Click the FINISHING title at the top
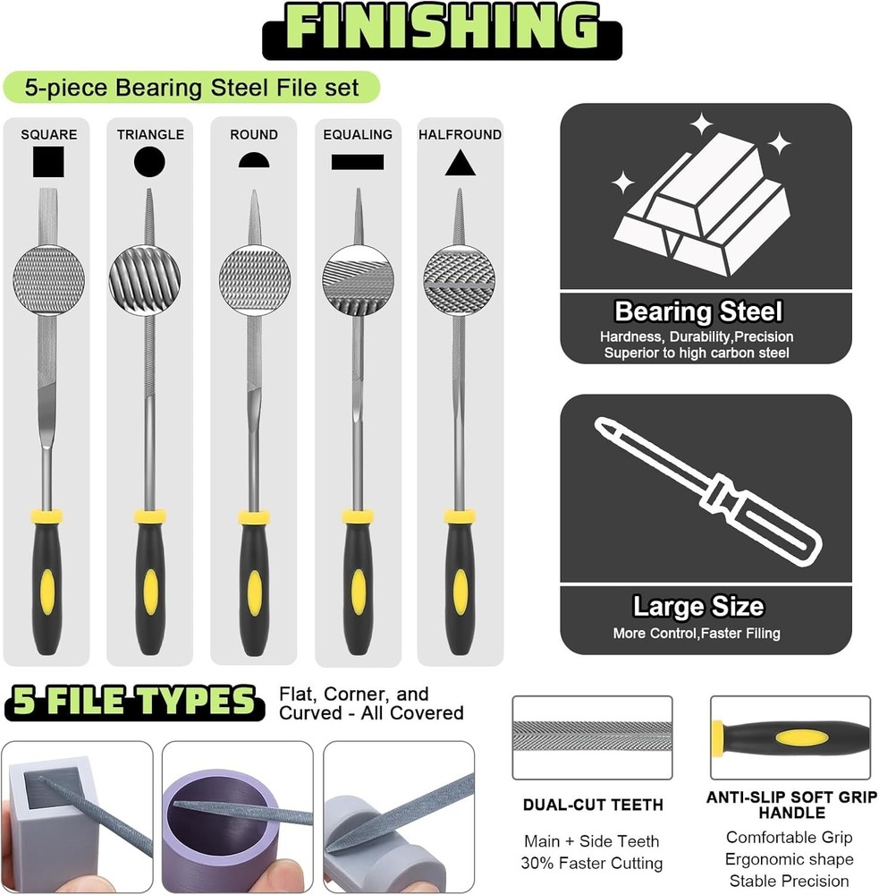tap(442, 28)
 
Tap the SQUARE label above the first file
tap(49, 135)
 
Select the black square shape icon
tap(48, 161)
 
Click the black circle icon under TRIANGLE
tap(149, 161)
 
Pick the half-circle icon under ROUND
tap(254, 160)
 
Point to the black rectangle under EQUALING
tap(358, 162)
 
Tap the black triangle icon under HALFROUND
tap(461, 163)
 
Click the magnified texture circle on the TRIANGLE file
tap(145, 280)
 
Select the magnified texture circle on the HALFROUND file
tap(460, 280)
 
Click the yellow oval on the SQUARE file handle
tap(47, 592)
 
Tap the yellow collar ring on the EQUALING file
tap(358, 516)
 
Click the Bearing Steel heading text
tap(698, 311)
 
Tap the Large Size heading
tap(698, 606)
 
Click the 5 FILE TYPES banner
tap(134, 701)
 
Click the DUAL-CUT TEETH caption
tap(593, 805)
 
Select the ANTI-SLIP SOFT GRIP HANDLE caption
tap(791, 805)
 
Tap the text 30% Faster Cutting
tap(591, 863)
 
